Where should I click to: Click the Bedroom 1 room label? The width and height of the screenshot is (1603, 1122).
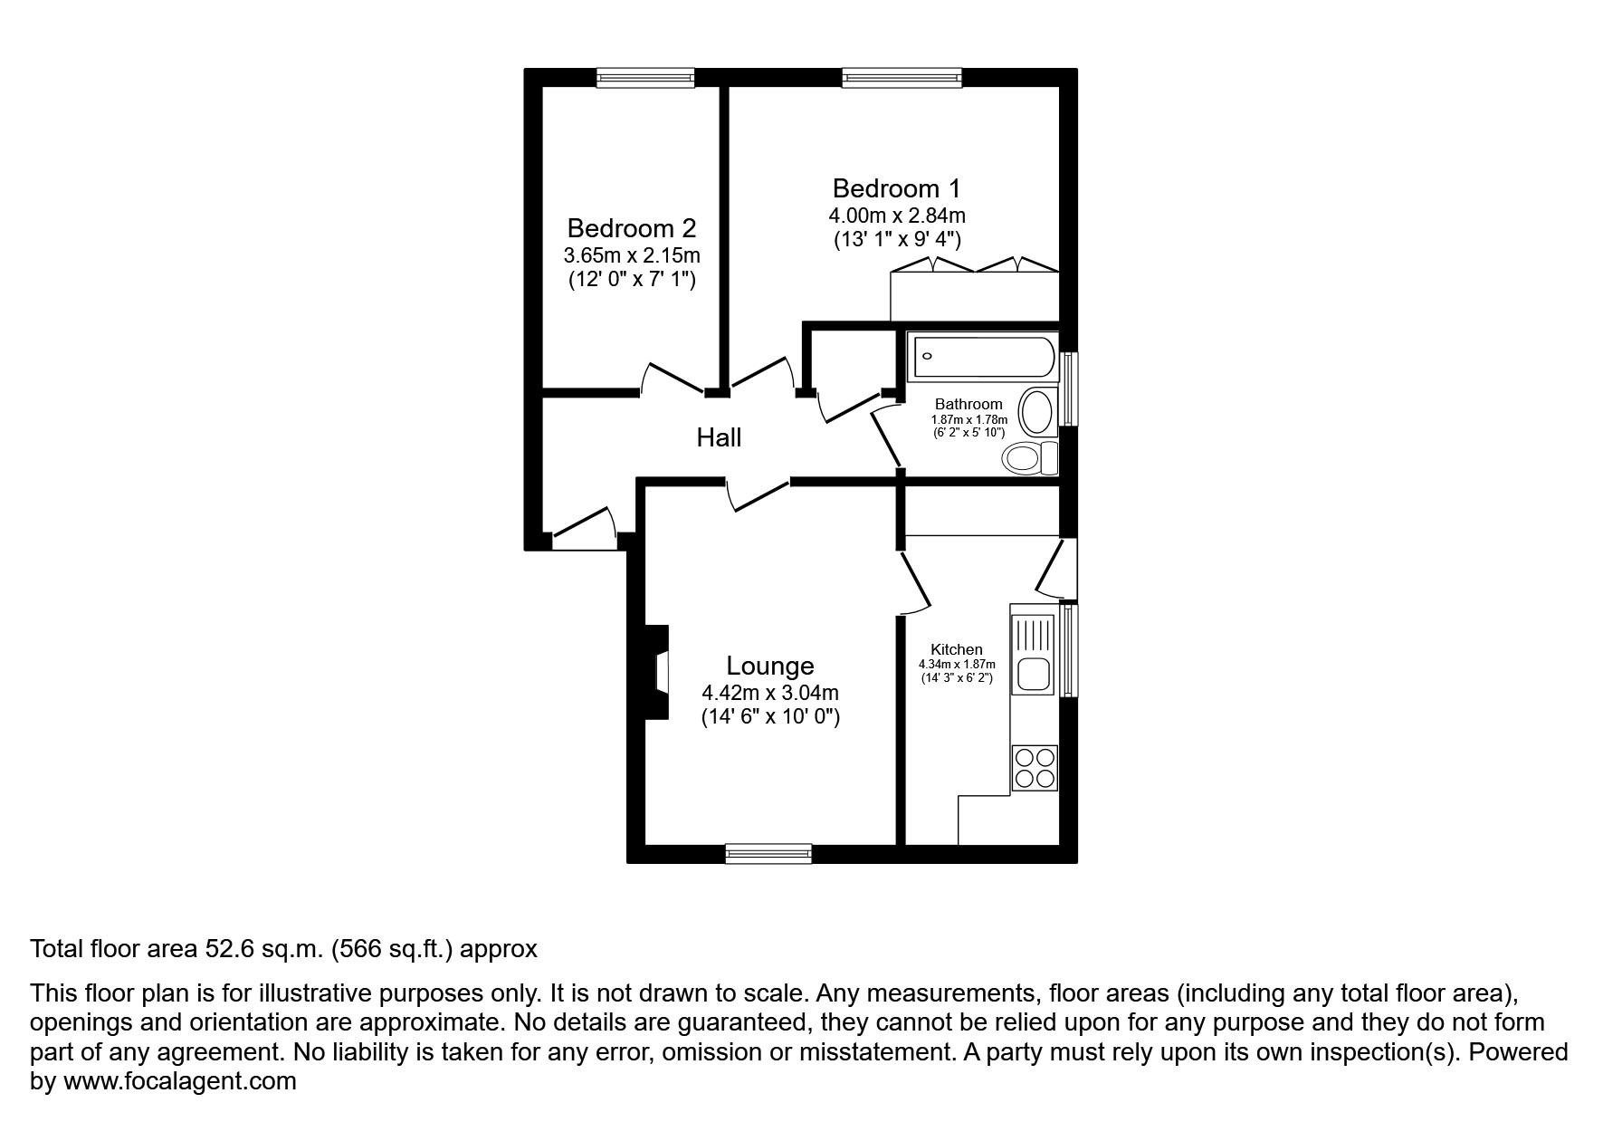point(895,188)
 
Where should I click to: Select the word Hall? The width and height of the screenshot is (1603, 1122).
point(719,438)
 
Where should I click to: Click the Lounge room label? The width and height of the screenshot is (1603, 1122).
point(770,666)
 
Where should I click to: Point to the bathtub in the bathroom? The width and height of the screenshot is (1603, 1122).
point(984,358)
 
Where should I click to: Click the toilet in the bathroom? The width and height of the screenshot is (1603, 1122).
point(1029,458)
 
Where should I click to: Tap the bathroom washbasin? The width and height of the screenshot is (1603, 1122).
point(1037,412)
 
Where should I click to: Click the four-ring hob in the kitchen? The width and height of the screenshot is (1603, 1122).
point(1034,768)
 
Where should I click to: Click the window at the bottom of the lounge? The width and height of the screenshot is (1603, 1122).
point(768,853)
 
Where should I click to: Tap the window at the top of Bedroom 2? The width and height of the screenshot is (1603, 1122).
point(644,79)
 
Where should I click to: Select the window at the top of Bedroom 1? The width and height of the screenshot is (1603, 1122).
point(901,79)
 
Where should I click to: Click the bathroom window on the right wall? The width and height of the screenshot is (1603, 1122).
point(1069,388)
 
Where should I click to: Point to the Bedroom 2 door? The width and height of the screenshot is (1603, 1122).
point(673,379)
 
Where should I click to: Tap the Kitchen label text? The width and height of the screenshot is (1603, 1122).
point(957,649)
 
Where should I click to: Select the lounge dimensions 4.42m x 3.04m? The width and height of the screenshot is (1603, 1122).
point(770,693)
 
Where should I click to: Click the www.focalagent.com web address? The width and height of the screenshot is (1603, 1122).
point(179,1081)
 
